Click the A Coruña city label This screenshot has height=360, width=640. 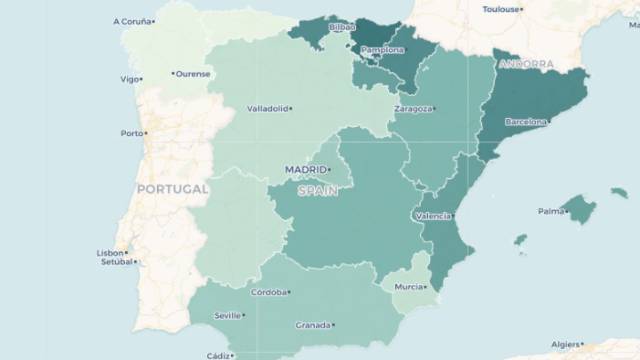coord(132,20)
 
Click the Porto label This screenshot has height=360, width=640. coord(131,133)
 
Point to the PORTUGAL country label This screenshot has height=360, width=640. coord(172,189)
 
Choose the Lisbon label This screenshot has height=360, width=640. coord(110,253)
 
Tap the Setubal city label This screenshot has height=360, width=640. coord(115,263)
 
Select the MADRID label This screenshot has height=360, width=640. coord(305,169)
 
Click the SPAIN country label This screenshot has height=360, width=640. coord(317,190)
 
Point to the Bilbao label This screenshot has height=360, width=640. coord(341,27)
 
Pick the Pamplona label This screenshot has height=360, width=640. coord(382,49)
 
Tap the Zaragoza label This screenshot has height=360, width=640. coord(412,108)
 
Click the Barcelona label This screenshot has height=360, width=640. coord(525,122)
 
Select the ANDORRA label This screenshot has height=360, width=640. coord(526,64)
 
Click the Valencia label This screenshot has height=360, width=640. coord(431,216)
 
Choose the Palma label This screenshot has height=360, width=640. coord(550,211)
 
